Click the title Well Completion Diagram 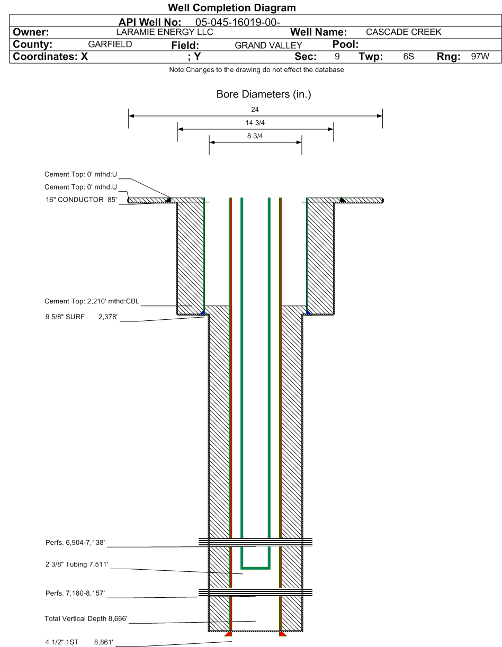[x=231, y=8]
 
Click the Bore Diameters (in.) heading [x=256, y=95]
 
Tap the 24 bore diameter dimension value [x=255, y=110]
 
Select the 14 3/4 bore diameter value [x=255, y=123]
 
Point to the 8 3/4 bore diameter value [x=255, y=136]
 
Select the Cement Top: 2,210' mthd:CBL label [x=92, y=302]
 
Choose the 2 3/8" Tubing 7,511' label [x=77, y=566]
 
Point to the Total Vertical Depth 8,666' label [x=86, y=618]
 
